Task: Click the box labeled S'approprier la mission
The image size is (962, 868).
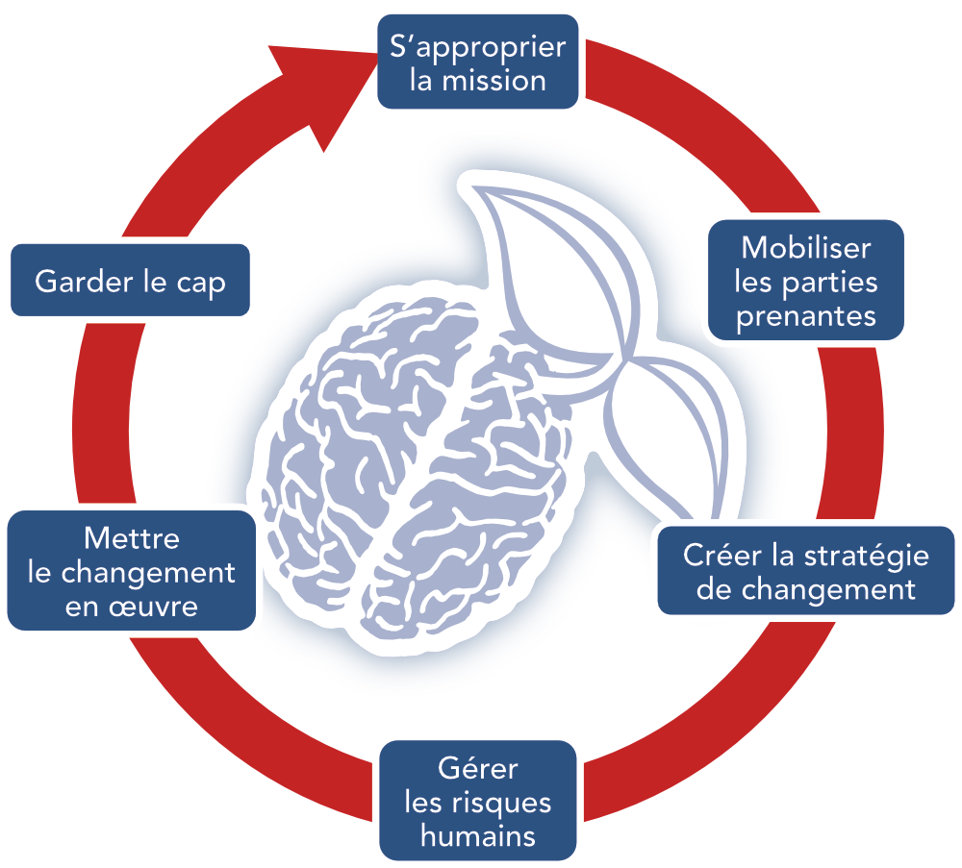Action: pyautogui.click(x=478, y=62)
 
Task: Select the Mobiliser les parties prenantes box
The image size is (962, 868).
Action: pyautogui.click(x=806, y=280)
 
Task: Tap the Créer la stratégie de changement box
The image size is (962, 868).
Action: pyautogui.click(x=806, y=571)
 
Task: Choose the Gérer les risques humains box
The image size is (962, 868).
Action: pyautogui.click(x=478, y=801)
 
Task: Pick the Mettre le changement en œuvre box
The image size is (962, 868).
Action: pyautogui.click(x=131, y=571)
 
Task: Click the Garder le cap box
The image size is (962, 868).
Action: pyautogui.click(x=130, y=280)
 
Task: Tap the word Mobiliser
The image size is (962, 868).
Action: pyautogui.click(x=806, y=248)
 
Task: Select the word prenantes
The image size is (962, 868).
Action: pyautogui.click(x=806, y=317)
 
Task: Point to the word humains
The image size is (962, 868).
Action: pyautogui.click(x=478, y=836)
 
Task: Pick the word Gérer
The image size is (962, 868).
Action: pyautogui.click(x=478, y=768)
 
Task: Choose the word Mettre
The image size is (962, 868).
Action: pyautogui.click(x=131, y=538)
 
